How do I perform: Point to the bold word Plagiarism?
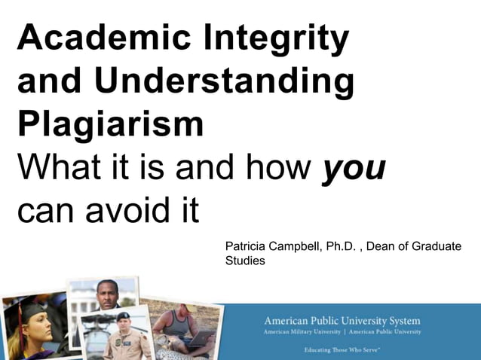pos(110,124)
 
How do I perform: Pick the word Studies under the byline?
pos(245,261)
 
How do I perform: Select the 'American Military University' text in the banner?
pos(301,332)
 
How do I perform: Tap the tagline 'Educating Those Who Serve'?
pos(342,350)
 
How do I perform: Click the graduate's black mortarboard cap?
pos(30,307)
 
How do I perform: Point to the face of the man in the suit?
pos(107,294)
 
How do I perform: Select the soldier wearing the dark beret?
pos(123,331)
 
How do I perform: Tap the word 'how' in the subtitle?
pos(278,168)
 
